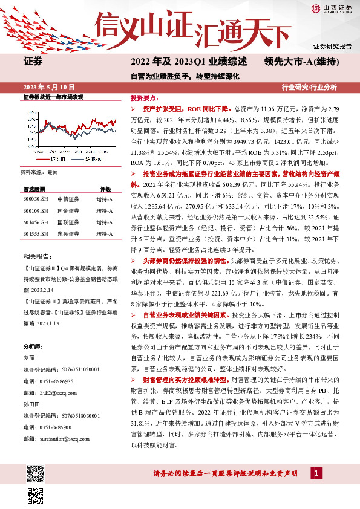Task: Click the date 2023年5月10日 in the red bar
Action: click(47, 87)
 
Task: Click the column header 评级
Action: click(105, 188)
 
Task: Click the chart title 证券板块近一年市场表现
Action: click(48, 97)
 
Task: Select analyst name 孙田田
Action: click(31, 384)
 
